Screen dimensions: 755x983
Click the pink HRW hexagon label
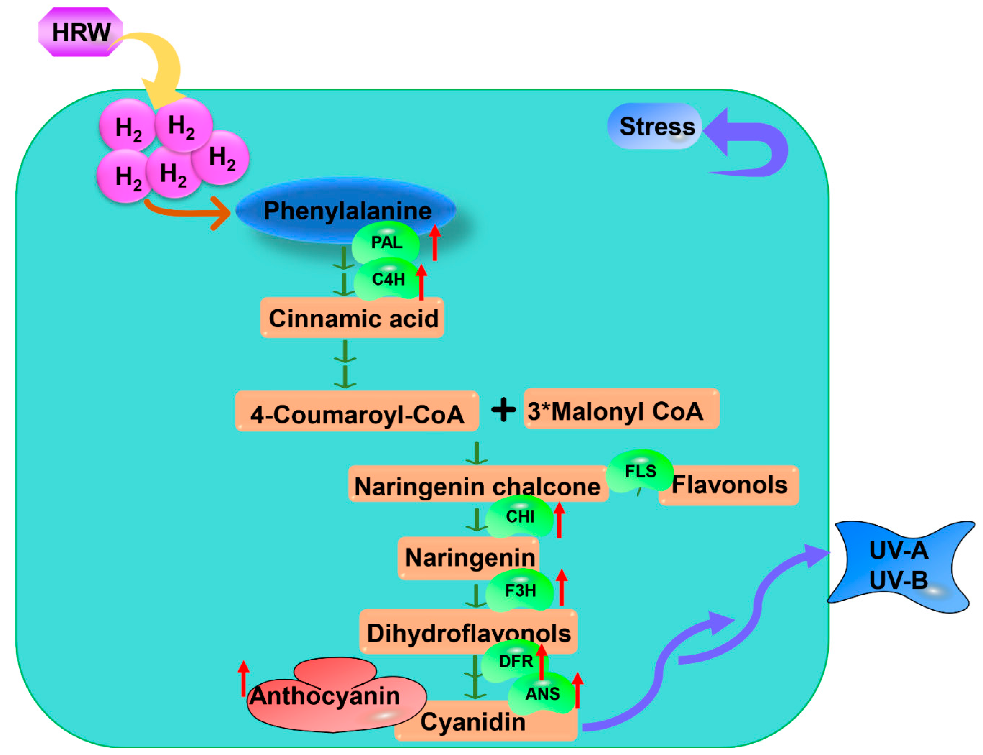(x=80, y=32)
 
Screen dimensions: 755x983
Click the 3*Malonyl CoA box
(x=621, y=409)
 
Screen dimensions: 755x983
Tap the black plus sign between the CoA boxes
(x=503, y=410)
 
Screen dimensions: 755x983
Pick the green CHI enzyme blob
(x=520, y=517)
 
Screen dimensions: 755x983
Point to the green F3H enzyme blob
(x=520, y=590)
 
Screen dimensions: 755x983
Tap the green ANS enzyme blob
(x=542, y=693)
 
